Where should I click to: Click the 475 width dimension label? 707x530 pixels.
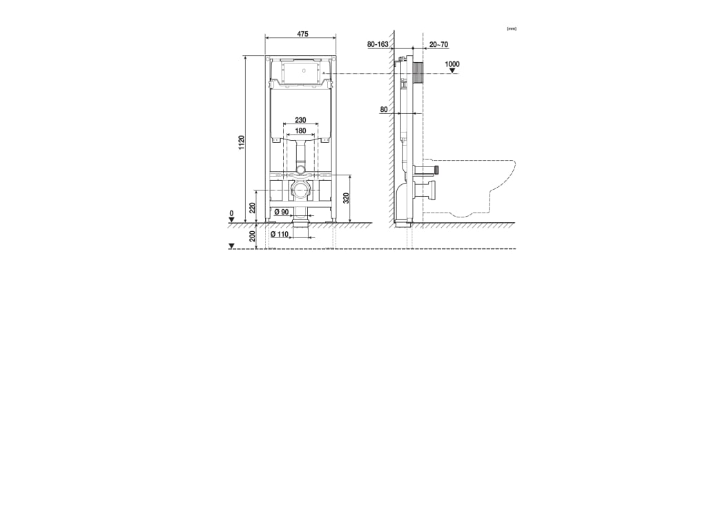[302, 34]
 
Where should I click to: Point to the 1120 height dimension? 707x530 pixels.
[242, 144]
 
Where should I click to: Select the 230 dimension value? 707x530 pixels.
[300, 120]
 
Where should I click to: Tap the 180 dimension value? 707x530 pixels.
[300, 130]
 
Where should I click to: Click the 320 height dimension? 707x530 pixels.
[346, 197]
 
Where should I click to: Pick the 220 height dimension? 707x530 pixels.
[253, 207]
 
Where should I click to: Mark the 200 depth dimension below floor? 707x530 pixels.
[253, 235]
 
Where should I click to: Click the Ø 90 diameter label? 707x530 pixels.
[281, 212]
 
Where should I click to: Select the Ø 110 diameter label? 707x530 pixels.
[280, 234]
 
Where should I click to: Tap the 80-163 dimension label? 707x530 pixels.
[378, 44]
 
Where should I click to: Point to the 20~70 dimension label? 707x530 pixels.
[438, 44]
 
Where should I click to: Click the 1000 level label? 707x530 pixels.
[452, 63]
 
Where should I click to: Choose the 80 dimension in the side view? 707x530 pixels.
[384, 109]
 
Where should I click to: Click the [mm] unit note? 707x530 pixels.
[512, 28]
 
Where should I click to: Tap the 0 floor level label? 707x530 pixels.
[232, 213]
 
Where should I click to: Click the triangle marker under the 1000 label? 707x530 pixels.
[452, 70]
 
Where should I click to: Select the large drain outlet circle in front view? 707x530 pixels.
[300, 190]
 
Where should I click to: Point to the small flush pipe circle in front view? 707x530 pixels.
[300, 169]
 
